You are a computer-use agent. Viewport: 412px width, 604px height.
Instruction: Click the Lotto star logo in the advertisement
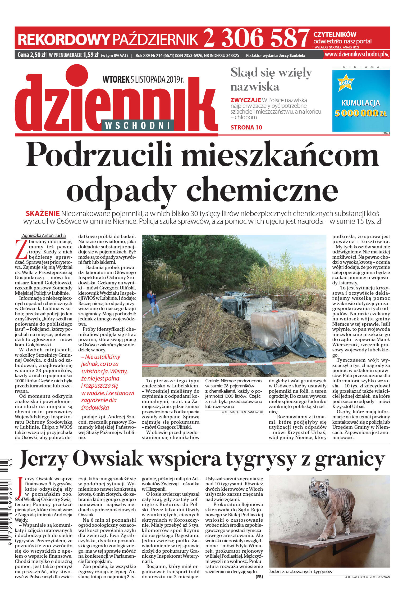pyautogui.click(x=346, y=82)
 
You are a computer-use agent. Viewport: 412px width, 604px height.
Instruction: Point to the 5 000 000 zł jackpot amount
pyautogui.click(x=360, y=113)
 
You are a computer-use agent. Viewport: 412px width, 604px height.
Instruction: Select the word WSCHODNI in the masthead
pyautogui.click(x=137, y=125)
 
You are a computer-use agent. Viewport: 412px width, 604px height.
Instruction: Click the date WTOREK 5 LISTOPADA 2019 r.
pyautogui.click(x=143, y=79)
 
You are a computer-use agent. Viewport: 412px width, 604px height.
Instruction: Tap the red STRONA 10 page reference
pyautogui.click(x=246, y=127)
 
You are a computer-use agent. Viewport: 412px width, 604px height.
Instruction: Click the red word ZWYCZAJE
pyautogui.click(x=246, y=100)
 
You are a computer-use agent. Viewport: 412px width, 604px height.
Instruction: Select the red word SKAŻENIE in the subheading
pyautogui.click(x=43, y=213)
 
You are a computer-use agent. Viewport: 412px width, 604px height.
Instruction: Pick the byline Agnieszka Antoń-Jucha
pyautogui.click(x=44, y=235)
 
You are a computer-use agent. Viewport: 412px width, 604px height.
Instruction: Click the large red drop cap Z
pyautogui.click(x=21, y=249)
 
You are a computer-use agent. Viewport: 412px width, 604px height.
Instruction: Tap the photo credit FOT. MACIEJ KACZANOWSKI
pyautogui.click(x=242, y=412)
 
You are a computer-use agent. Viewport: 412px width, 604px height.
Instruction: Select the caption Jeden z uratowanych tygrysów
pyautogui.click(x=300, y=571)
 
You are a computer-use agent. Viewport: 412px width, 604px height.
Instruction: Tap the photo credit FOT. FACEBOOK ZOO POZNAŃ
pyautogui.click(x=367, y=577)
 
